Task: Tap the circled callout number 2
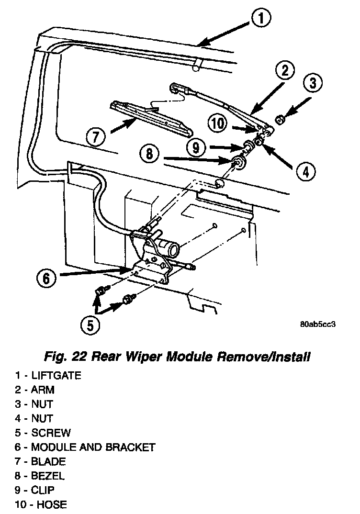pos(284,71)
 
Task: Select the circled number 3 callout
pos(313,83)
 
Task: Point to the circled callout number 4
pos(305,171)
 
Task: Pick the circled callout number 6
pos(46,279)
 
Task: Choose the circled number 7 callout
pos(96,136)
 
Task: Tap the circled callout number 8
pos(149,154)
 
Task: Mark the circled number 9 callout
pos(196,148)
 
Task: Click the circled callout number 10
pos(218,123)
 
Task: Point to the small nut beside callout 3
pos(280,120)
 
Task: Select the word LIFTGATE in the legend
pos(56,375)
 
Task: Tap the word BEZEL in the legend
pos(48,476)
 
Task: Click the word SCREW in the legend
pos(51,433)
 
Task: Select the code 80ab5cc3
pos(318,324)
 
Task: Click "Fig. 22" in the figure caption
pos(65,357)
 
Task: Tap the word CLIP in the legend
pos(43,490)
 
